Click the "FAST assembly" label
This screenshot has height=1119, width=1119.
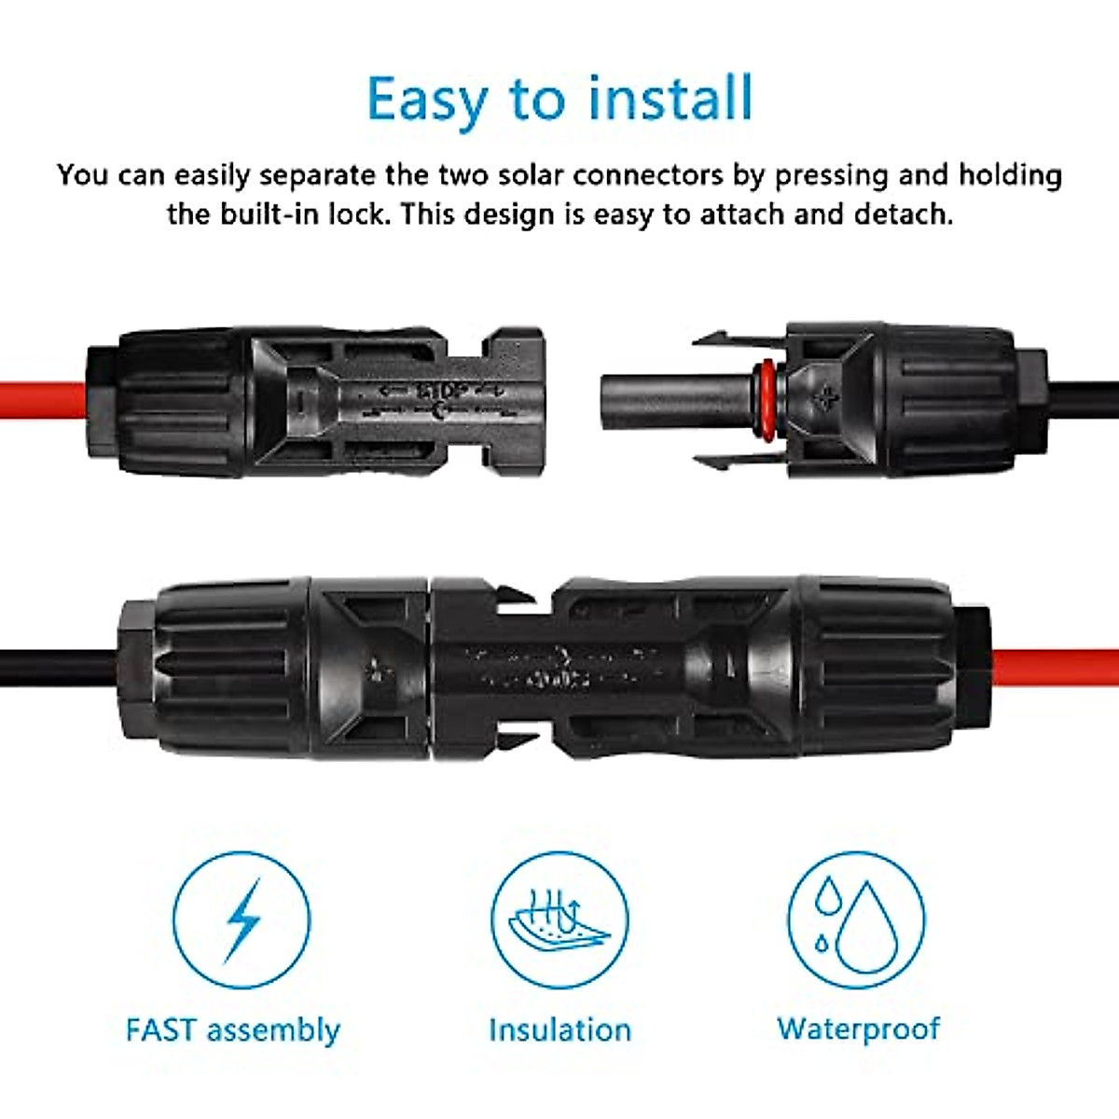click(x=233, y=1030)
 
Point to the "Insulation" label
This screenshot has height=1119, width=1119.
click(x=559, y=1030)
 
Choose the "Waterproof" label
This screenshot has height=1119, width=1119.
click(x=859, y=1029)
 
